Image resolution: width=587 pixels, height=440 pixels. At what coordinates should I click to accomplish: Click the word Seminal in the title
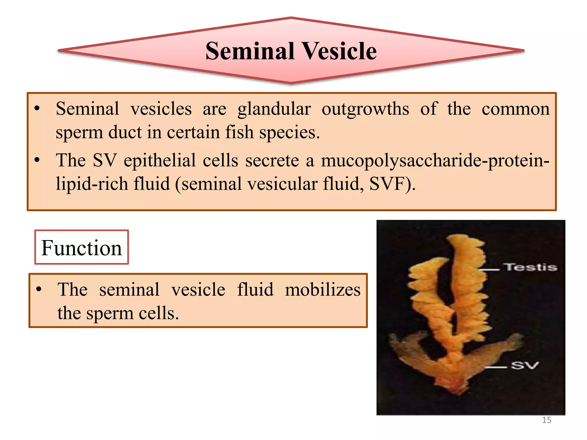[250, 51]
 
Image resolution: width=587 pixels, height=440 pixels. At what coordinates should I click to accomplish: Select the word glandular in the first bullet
[274, 109]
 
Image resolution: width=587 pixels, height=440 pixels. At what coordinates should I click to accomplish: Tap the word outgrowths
[365, 109]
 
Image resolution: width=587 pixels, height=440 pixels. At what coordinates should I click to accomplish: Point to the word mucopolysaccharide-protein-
[435, 160]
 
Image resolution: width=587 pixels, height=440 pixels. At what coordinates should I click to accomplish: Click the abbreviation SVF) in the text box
[392, 184]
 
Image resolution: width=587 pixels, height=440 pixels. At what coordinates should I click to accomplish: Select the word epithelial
[160, 160]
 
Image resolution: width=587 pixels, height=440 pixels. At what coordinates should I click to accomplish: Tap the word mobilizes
[323, 290]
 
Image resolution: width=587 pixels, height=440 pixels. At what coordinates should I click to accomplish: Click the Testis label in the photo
[531, 267]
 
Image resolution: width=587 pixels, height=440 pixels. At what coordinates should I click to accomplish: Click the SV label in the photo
[525, 366]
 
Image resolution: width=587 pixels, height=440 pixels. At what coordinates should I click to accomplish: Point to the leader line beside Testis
[489, 270]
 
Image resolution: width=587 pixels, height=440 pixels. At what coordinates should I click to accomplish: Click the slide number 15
[547, 420]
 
